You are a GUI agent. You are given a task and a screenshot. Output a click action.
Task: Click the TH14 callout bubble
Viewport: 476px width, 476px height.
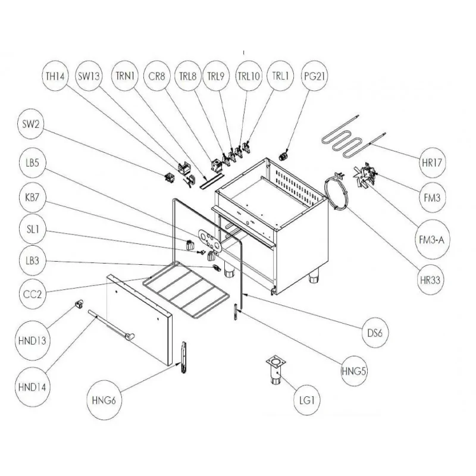tap(58, 76)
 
